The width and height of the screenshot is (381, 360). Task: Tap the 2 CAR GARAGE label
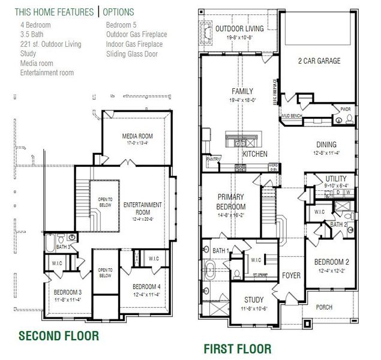319,61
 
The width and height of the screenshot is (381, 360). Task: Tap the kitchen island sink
239,143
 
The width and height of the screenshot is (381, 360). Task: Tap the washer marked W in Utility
348,192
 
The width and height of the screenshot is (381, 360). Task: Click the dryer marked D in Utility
338,192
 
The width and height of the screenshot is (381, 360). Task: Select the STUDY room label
254,300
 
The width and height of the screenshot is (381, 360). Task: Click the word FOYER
291,275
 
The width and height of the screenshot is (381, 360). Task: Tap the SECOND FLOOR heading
58,335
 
